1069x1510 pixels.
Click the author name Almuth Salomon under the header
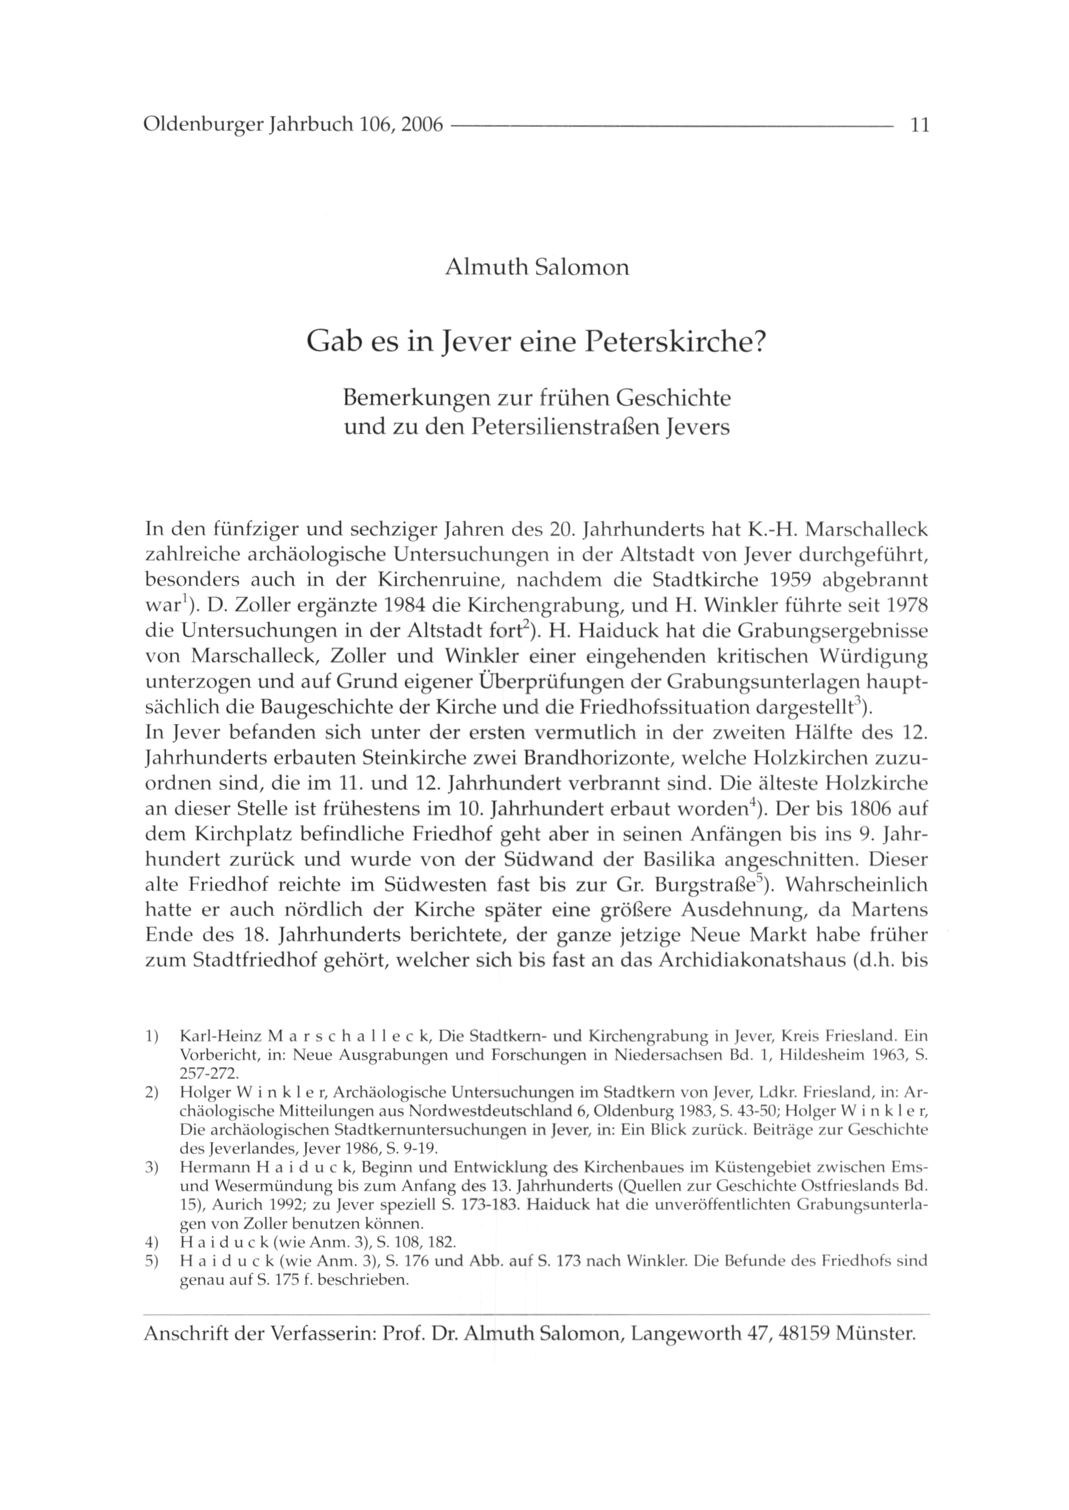536,268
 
